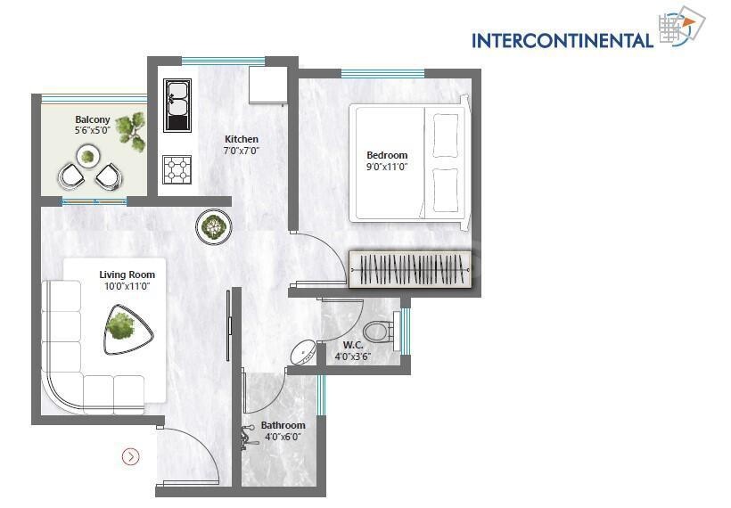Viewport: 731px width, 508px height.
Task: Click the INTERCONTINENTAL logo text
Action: click(562, 40)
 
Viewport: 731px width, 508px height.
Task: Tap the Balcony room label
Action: click(93, 119)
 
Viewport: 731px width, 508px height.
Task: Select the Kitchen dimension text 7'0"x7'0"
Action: click(241, 151)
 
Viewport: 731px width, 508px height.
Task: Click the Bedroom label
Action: click(387, 155)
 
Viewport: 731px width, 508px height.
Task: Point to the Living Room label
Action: click(127, 274)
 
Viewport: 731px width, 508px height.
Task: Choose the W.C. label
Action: click(352, 344)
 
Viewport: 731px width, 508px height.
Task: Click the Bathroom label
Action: click(283, 425)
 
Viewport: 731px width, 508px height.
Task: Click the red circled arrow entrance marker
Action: click(131, 457)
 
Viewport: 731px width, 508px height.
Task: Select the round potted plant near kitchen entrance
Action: click(213, 226)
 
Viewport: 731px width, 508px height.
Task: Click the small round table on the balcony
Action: click(87, 158)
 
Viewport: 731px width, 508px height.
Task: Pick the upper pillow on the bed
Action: click(445, 135)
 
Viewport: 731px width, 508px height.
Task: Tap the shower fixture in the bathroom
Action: click(247, 437)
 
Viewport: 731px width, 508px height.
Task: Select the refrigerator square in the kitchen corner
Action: click(267, 85)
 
